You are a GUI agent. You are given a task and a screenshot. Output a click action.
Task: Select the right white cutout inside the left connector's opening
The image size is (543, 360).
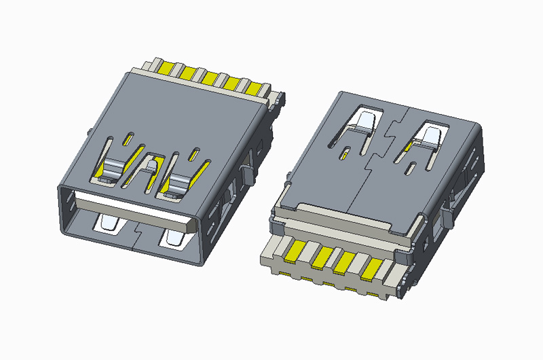(172, 238)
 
